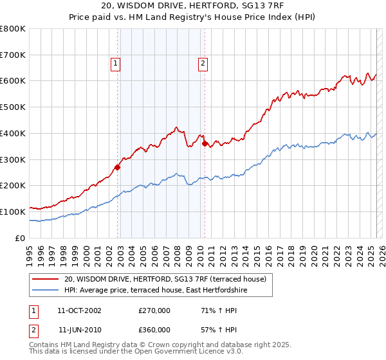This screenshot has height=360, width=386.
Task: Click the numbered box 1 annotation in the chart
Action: point(115,63)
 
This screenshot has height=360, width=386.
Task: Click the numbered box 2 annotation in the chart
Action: point(203,63)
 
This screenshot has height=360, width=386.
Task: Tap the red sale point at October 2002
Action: point(117,167)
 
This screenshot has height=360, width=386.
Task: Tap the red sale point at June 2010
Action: point(205,144)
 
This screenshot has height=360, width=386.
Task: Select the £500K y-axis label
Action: point(13,107)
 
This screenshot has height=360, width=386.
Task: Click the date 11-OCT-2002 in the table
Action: point(79,310)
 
